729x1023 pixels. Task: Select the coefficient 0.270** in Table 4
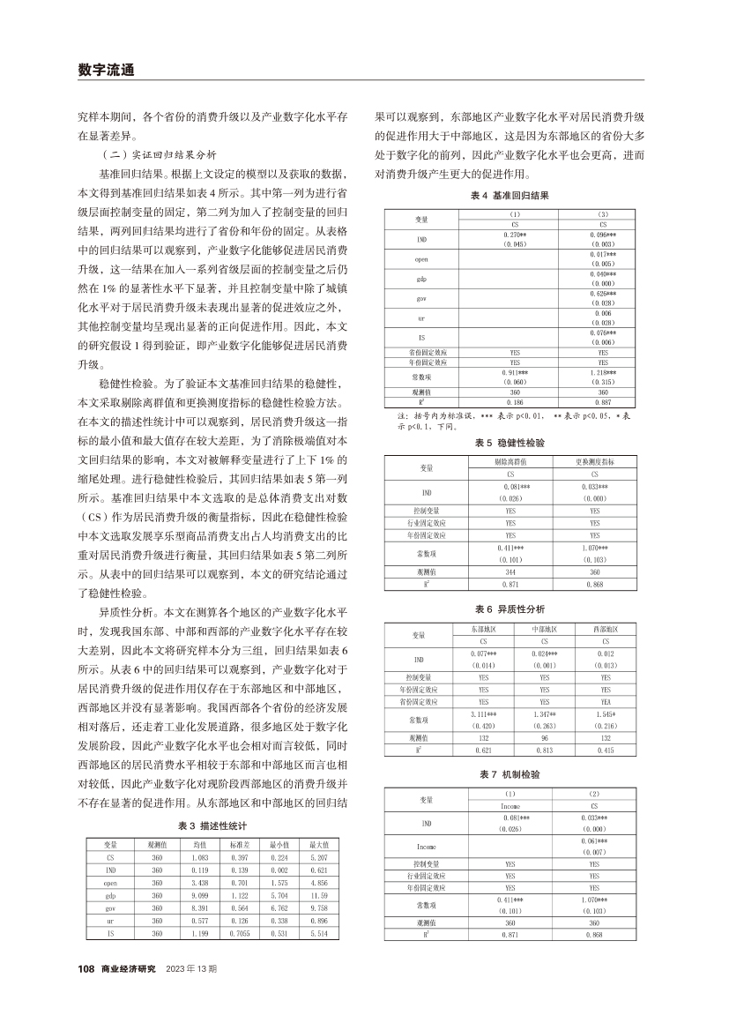coord(514,235)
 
